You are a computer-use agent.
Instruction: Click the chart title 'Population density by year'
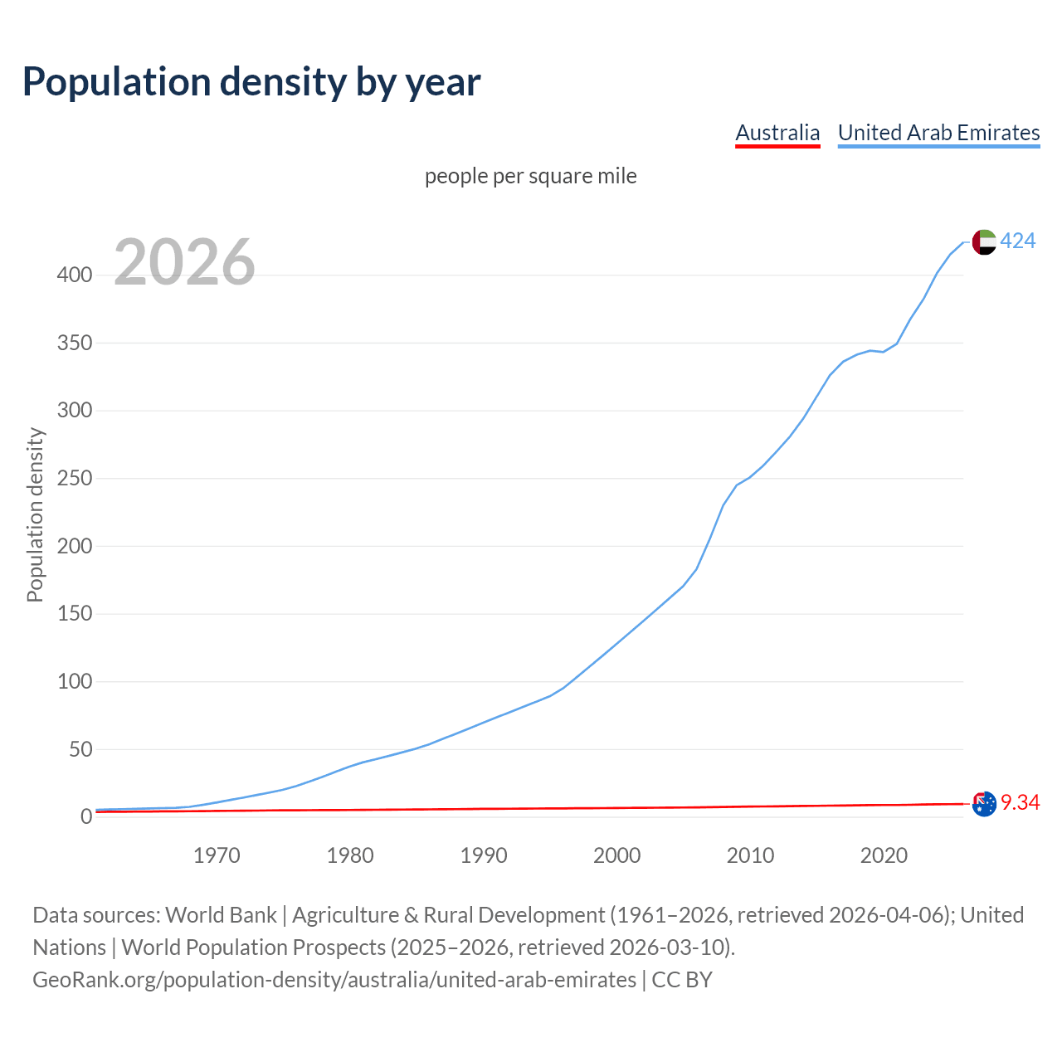pyautogui.click(x=251, y=82)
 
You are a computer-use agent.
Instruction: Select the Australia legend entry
pyautogui.click(x=777, y=133)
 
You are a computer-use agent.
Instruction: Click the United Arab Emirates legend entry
pyautogui.click(x=938, y=133)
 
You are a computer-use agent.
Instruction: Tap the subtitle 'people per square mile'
pyautogui.click(x=531, y=176)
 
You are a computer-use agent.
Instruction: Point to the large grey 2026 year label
pyautogui.click(x=184, y=262)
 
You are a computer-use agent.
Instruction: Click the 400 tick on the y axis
pyautogui.click(x=74, y=275)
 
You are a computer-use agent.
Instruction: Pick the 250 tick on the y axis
pyautogui.click(x=74, y=478)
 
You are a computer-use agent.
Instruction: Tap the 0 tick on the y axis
pyautogui.click(x=85, y=817)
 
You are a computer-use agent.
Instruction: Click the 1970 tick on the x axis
pyautogui.click(x=217, y=855)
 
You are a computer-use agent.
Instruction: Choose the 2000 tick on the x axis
pyautogui.click(x=616, y=855)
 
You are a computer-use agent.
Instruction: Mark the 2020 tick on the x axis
pyautogui.click(x=884, y=855)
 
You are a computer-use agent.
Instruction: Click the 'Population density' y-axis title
pyautogui.click(x=35, y=514)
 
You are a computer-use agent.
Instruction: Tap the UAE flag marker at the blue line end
pyautogui.click(x=984, y=241)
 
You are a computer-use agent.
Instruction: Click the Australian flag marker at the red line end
pyautogui.click(x=984, y=803)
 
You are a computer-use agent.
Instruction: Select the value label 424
pyautogui.click(x=1018, y=241)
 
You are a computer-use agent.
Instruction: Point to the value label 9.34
pyautogui.click(x=1020, y=803)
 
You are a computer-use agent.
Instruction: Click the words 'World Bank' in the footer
pyautogui.click(x=221, y=915)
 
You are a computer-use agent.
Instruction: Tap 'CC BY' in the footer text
pyautogui.click(x=682, y=980)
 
